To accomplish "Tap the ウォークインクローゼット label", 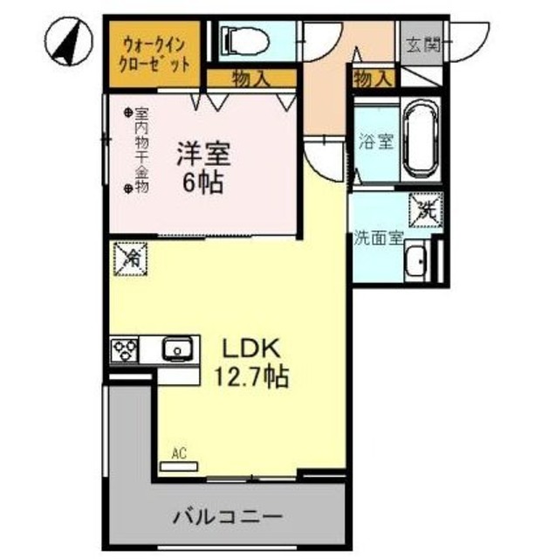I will coord(155,52).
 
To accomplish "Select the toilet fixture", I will coord(241,40).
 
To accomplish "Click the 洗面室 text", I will coord(378,238).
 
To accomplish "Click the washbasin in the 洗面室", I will coord(416,260).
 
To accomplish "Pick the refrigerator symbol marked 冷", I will coord(131,258).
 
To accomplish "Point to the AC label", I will coord(179,453).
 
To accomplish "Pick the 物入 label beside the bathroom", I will coord(373,79).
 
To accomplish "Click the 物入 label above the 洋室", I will coord(250,79).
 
